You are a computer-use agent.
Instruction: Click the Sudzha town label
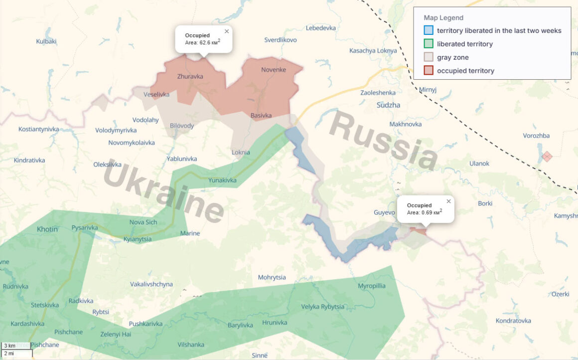[388, 105]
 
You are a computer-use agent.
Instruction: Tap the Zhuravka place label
[190, 77]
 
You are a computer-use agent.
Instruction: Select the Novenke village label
[274, 70]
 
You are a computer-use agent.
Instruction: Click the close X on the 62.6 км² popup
[227, 31]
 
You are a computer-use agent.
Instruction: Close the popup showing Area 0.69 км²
[448, 201]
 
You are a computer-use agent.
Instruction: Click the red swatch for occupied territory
[429, 71]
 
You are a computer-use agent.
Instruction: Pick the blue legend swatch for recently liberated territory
[429, 30]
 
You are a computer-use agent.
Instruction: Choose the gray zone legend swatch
[429, 57]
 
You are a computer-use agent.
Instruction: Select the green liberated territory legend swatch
[429, 44]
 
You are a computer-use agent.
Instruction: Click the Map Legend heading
[443, 18]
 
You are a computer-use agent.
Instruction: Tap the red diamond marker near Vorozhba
[547, 157]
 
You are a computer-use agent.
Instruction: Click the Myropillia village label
[371, 286]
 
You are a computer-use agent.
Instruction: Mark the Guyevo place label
[384, 213]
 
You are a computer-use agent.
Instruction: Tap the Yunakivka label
[222, 180]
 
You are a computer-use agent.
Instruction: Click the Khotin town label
[47, 229]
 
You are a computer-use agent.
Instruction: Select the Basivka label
[261, 116]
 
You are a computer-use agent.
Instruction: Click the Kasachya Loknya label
[373, 51]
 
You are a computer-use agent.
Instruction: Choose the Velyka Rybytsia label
[322, 307]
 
